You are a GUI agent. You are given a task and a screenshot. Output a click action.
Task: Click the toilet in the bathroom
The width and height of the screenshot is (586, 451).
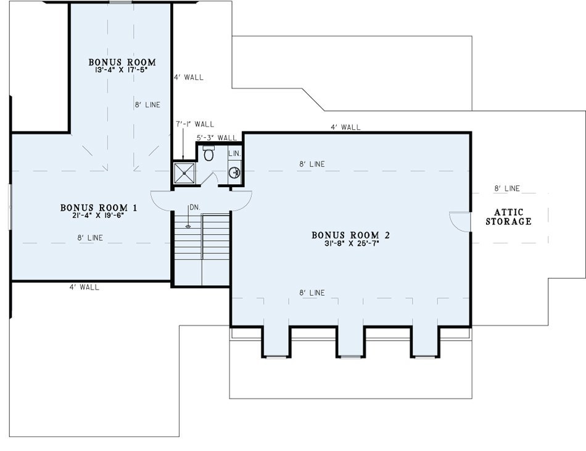208,153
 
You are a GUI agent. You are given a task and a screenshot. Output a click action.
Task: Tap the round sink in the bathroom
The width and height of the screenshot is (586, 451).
234,173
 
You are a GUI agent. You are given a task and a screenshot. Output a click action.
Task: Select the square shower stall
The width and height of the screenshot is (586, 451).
184,173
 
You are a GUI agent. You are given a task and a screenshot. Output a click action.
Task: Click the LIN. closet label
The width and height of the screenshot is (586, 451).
234,153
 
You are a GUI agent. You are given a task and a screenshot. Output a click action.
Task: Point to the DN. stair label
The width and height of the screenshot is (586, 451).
195,207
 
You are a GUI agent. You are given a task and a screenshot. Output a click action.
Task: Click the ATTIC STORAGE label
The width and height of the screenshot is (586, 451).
509,217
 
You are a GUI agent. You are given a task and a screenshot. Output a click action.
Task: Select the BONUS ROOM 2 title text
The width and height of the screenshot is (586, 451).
351,235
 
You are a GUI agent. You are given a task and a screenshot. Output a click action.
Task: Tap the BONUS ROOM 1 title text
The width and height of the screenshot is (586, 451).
99,208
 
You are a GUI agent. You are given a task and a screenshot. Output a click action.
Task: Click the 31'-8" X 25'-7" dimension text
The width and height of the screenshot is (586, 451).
352,243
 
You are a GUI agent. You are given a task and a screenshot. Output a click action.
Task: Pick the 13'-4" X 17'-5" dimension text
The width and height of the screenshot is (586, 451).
122,70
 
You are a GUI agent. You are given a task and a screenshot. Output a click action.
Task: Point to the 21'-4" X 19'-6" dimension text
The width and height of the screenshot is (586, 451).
98,215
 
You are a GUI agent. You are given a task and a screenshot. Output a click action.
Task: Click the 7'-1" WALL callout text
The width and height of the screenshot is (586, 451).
195,124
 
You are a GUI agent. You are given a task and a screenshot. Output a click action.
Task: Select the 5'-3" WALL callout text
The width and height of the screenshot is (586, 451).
217,138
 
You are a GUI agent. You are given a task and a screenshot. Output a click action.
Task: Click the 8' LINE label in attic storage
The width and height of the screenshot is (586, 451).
507,189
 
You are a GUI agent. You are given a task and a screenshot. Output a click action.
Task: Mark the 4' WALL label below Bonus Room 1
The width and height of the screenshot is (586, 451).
85,287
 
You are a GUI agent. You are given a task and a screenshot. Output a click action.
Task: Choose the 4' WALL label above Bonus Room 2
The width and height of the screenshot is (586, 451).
345,128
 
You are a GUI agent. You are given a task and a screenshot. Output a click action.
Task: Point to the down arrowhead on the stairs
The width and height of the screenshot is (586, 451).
188,225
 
